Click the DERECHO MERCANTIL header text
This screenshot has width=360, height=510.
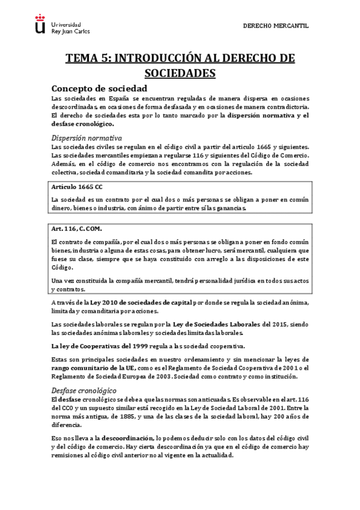[x=275, y=26]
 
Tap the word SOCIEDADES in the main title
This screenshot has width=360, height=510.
[x=180, y=73]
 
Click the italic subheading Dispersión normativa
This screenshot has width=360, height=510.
[x=87, y=137]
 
